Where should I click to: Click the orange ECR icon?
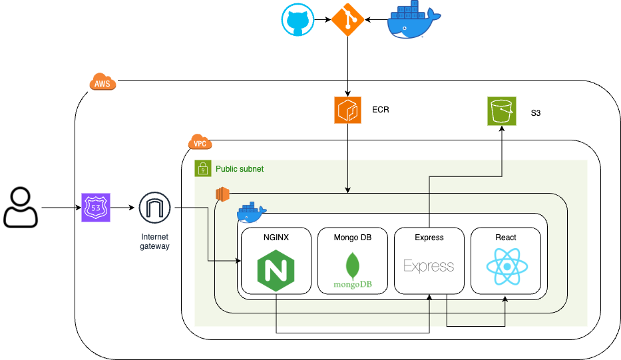point(347,110)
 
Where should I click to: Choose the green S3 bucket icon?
point(501,110)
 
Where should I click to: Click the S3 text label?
point(536,113)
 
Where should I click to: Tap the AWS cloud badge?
point(103,83)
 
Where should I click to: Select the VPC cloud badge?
point(199,142)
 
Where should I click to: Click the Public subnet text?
point(239,169)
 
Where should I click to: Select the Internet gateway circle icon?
point(155,208)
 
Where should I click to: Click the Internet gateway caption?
point(155,242)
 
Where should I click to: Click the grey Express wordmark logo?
point(429,266)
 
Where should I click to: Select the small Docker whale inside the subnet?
point(252,212)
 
